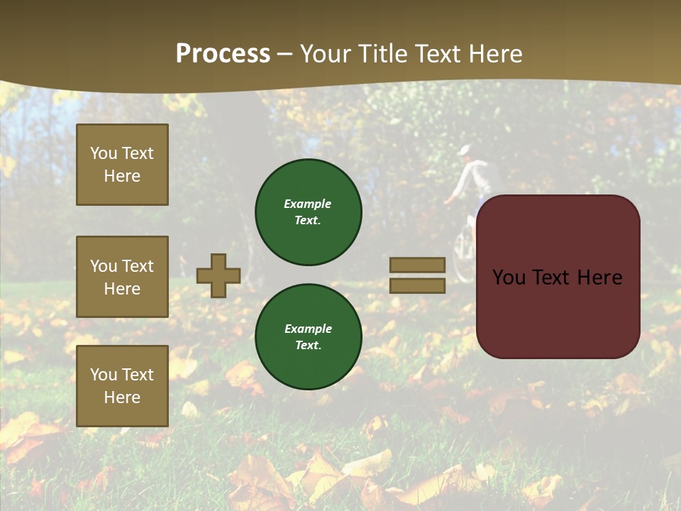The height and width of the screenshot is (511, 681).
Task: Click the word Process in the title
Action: click(223, 54)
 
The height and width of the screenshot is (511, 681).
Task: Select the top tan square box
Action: click(122, 165)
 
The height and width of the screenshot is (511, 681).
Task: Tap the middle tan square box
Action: click(122, 277)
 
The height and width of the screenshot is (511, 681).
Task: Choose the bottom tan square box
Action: click(122, 386)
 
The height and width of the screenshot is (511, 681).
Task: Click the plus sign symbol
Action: click(218, 275)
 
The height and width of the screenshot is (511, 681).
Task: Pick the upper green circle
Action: click(309, 212)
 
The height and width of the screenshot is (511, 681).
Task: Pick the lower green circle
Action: click(309, 337)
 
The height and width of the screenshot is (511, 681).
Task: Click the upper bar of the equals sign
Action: click(417, 265)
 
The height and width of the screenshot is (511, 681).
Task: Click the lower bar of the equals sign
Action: click(417, 285)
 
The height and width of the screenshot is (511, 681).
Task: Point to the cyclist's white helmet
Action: click(465, 150)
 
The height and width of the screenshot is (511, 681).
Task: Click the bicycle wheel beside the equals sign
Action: click(462, 255)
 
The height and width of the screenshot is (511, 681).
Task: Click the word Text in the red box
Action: click(558, 278)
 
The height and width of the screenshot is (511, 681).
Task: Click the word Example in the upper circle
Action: click(308, 204)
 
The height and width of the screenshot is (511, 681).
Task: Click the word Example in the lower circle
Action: click(308, 329)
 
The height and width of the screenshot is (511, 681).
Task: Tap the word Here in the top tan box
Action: click(122, 176)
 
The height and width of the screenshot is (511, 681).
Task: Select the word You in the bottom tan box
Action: click(103, 375)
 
